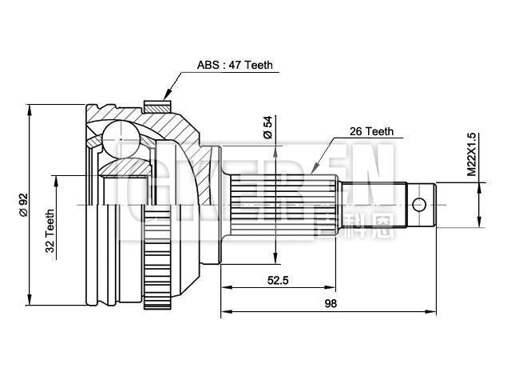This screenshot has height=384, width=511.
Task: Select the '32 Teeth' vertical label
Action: [50, 231]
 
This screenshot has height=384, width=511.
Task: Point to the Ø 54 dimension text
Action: [268, 128]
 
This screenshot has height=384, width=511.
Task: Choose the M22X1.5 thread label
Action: [471, 154]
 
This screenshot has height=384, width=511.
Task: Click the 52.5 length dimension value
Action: [277, 280]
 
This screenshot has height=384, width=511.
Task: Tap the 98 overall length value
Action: [331, 304]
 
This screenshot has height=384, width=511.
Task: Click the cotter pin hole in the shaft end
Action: [419, 203]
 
